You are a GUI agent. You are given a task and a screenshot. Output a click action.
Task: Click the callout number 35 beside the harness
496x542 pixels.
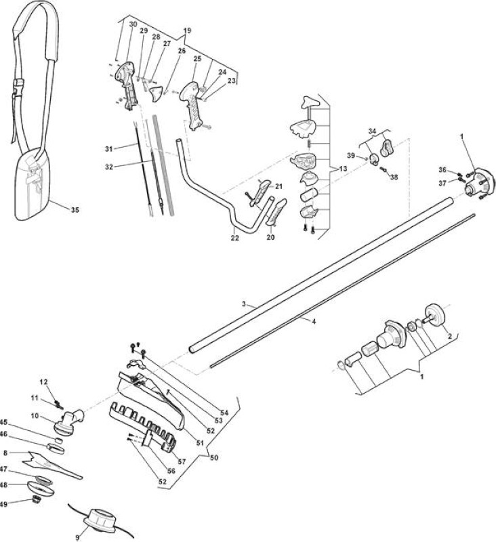click(x=75, y=210)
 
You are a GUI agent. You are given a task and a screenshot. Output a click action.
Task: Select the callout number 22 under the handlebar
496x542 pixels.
click(x=234, y=238)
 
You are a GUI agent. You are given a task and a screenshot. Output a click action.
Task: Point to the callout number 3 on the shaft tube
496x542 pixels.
click(x=244, y=304)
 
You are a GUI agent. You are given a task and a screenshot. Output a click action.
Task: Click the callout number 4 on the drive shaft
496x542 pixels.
click(x=314, y=321)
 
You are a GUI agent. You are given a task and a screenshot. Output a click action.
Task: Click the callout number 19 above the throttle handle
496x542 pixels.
click(x=187, y=30)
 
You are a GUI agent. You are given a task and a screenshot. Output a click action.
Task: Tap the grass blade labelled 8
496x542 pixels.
click(x=52, y=465)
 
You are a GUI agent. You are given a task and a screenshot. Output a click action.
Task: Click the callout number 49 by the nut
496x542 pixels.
click(x=3, y=504)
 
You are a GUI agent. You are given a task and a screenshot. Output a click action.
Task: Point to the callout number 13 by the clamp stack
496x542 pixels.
click(x=343, y=169)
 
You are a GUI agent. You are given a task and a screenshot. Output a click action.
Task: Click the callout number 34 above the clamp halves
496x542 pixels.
click(x=372, y=131)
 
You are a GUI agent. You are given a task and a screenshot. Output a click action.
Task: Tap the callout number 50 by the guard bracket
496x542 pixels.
click(x=214, y=458)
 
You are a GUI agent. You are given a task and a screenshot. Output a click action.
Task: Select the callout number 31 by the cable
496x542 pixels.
click(x=109, y=149)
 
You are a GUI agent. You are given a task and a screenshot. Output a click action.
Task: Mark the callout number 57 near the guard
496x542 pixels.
click(x=182, y=461)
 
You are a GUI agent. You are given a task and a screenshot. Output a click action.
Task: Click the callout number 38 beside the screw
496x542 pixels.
click(x=394, y=177)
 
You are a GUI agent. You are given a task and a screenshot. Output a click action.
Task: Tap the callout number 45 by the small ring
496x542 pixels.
click(x=3, y=422)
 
